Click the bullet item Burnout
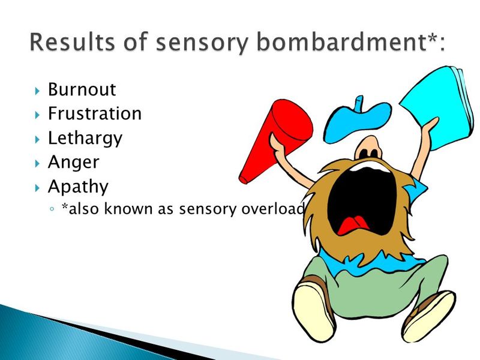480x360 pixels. point(82,89)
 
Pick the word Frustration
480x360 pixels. point(95,113)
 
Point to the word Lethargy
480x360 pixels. point(85,139)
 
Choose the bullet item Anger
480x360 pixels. point(73,163)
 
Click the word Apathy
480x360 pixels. point(78,187)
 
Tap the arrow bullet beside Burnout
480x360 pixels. point(37,91)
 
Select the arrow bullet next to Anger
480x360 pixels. point(37,163)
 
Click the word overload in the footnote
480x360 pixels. point(273,209)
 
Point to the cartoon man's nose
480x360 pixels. point(368,148)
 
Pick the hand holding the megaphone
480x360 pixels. point(277,144)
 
